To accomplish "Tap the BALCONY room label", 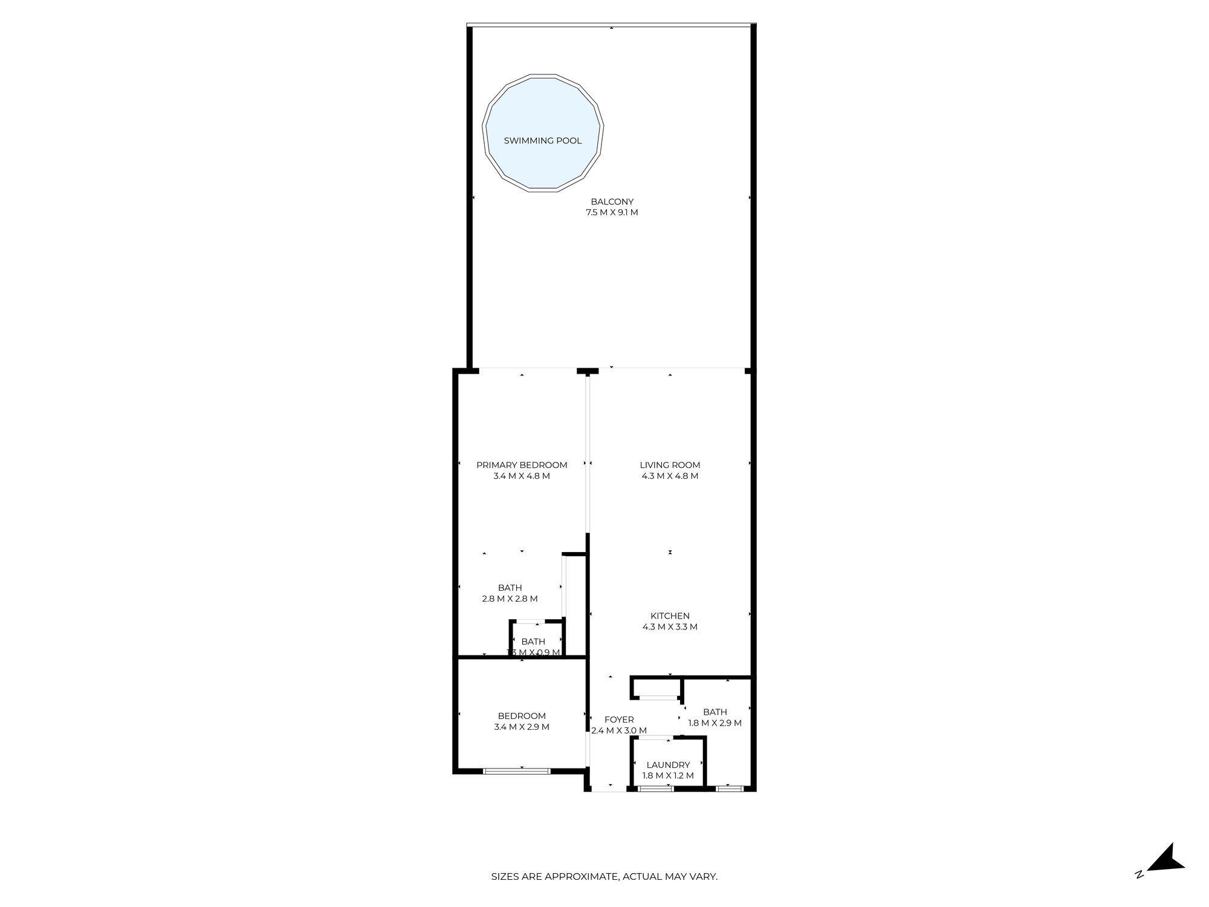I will (x=612, y=202).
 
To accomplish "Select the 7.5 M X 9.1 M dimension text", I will (x=612, y=213).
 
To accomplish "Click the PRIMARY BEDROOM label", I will (x=522, y=465).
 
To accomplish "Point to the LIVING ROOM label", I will (x=670, y=465).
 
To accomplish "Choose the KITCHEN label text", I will (x=670, y=616).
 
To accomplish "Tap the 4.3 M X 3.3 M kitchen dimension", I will (x=670, y=627).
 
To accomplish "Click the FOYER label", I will (x=619, y=720).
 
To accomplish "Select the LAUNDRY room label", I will (x=668, y=765).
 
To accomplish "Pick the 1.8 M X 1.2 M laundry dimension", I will (x=668, y=776).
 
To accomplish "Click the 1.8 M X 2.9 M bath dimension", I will (x=715, y=723).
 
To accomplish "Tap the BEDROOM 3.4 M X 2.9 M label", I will (x=522, y=721).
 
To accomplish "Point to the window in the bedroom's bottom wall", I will (x=516, y=771).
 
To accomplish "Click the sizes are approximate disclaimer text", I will (x=604, y=876).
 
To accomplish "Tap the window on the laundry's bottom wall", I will (x=656, y=788).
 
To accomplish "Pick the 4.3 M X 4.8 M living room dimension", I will (x=670, y=476).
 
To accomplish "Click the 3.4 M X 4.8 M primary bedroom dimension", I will (x=522, y=476).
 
